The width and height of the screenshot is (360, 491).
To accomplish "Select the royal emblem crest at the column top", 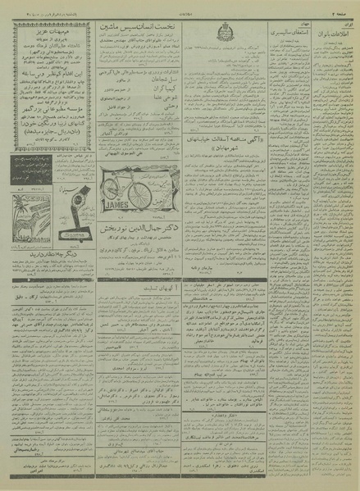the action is point(226,34).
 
